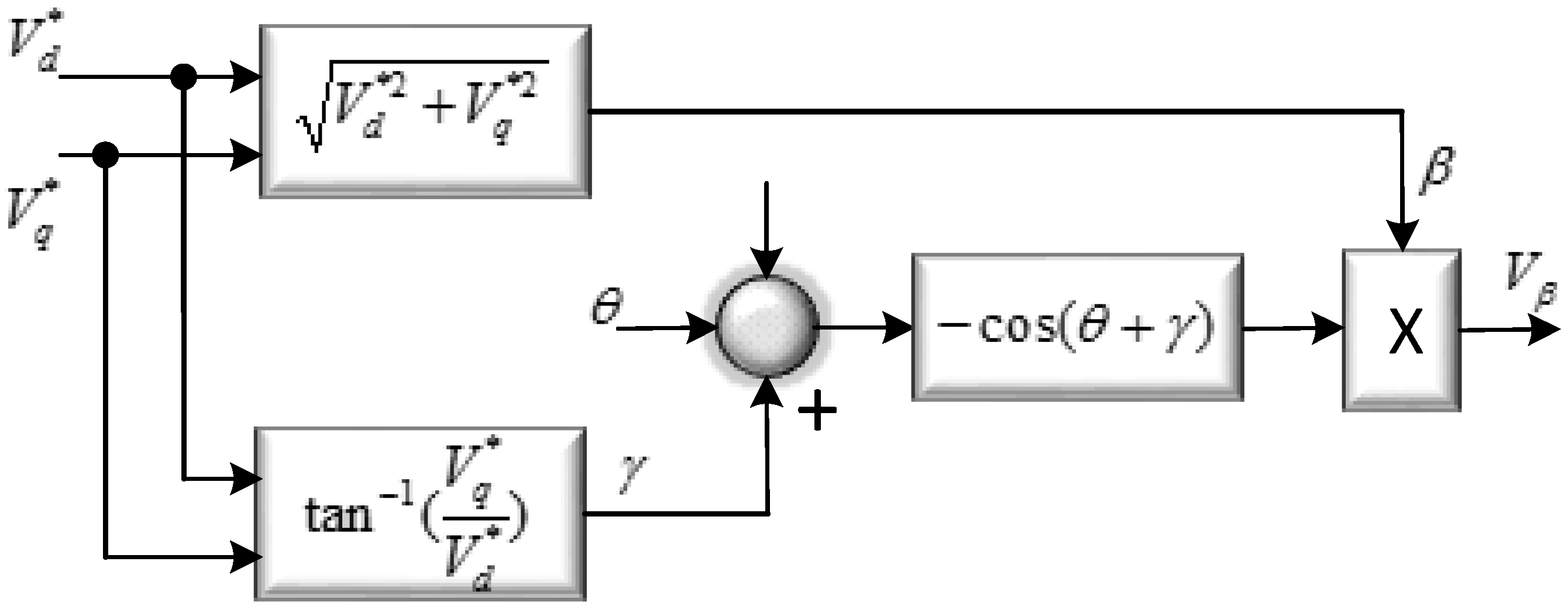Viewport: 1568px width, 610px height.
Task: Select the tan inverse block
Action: (420, 514)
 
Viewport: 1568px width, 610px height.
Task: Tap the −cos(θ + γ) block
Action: (1076, 327)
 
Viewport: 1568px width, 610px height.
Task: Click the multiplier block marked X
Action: (1401, 330)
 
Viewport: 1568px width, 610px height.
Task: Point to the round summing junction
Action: (766, 327)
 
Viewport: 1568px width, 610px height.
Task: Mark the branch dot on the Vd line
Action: (183, 77)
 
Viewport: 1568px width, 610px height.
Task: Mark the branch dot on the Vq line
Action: (105, 155)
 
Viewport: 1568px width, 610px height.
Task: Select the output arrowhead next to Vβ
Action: (1546, 330)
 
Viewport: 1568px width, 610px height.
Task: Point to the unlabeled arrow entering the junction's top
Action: (766, 262)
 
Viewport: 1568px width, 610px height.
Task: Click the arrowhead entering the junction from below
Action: (766, 389)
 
